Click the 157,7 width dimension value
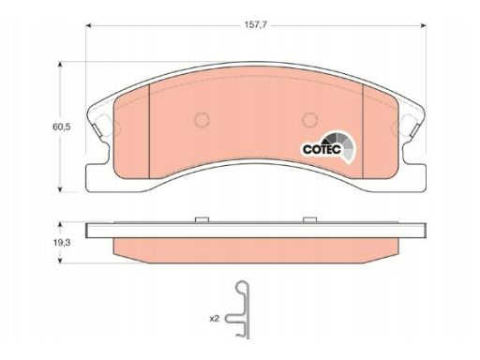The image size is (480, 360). (x=255, y=25)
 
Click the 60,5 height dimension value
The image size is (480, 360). (x=62, y=127)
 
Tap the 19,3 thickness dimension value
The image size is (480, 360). (x=62, y=243)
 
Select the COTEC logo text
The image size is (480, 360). (x=322, y=149)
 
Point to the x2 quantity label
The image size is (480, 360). (x=215, y=319)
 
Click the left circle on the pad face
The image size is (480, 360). (x=202, y=120)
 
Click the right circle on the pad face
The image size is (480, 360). (x=310, y=120)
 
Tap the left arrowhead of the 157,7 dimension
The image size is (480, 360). (x=88, y=25)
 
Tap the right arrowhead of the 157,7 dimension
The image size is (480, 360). (x=424, y=25)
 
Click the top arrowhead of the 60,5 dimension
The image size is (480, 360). (x=61, y=64)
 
